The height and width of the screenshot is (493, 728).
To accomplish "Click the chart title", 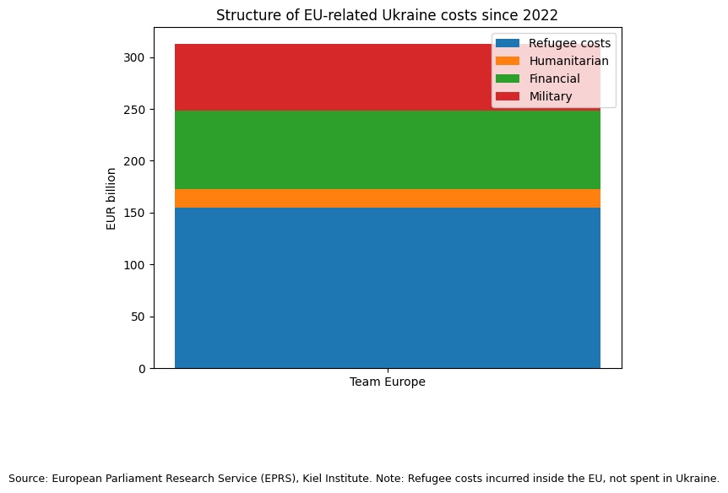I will click(x=387, y=15).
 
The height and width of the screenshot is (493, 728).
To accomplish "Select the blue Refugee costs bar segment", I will click(x=387, y=288).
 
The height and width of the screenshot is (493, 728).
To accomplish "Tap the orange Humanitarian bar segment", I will click(x=387, y=198).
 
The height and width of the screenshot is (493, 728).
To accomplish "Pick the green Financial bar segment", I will click(x=387, y=149).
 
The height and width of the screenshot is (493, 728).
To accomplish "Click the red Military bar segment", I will click(x=338, y=77).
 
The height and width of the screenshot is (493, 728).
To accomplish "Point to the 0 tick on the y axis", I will click(x=141, y=369).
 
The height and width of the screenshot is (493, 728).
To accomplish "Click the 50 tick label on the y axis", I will click(x=138, y=317).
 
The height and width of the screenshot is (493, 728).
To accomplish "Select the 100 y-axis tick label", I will click(x=135, y=265).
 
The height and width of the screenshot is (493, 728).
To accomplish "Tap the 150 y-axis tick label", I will click(x=135, y=214).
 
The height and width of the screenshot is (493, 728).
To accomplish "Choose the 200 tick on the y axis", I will click(x=135, y=161).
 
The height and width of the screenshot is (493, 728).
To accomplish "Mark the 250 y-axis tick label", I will click(x=135, y=110).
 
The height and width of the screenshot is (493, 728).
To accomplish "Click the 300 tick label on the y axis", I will click(x=135, y=57).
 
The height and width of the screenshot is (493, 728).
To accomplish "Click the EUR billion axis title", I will click(x=111, y=198).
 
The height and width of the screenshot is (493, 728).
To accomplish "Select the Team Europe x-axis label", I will click(x=387, y=382).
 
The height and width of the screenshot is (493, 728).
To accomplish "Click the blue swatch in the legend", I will click(x=508, y=43).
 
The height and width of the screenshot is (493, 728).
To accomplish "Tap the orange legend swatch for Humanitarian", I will click(x=508, y=61).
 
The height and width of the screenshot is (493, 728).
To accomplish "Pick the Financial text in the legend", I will click(x=554, y=79).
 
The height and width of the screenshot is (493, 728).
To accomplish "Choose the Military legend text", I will click(x=551, y=96).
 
